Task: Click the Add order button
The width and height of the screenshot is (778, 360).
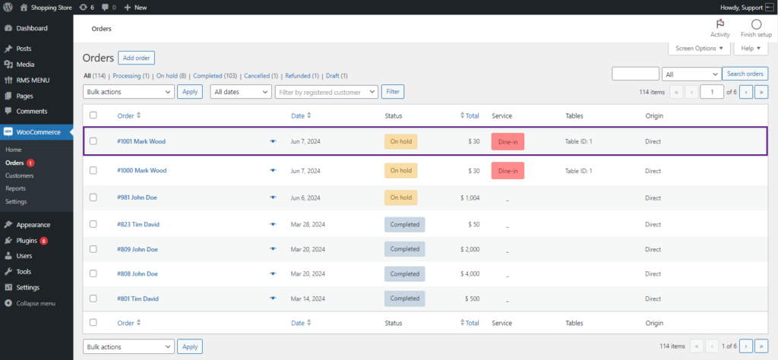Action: pyautogui.click(x=137, y=58)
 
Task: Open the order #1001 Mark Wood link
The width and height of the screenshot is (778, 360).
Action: pyautogui.click(x=141, y=141)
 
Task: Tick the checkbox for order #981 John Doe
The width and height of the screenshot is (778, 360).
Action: pyautogui.click(x=93, y=197)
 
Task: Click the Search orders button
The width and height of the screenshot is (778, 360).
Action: pyautogui.click(x=745, y=74)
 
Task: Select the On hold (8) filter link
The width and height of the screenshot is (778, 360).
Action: pyautogui.click(x=171, y=76)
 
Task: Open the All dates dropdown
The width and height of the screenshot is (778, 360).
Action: pyautogui.click(x=241, y=92)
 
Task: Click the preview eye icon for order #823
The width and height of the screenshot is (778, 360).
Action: pyautogui.click(x=273, y=224)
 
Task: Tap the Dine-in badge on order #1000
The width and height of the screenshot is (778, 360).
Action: pyautogui.click(x=508, y=171)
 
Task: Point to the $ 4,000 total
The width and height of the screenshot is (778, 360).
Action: pyautogui.click(x=470, y=273)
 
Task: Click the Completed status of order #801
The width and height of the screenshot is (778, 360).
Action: pyautogui.click(x=404, y=298)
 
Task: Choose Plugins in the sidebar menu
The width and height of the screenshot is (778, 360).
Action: pyautogui.click(x=27, y=241)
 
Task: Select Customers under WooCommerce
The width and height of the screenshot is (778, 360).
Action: pyautogui.click(x=19, y=175)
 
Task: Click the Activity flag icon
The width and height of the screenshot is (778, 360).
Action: pyautogui.click(x=720, y=24)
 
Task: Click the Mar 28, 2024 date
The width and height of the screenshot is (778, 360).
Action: pyautogui.click(x=308, y=224)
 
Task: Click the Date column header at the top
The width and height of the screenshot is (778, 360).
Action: pyautogui.click(x=298, y=116)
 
